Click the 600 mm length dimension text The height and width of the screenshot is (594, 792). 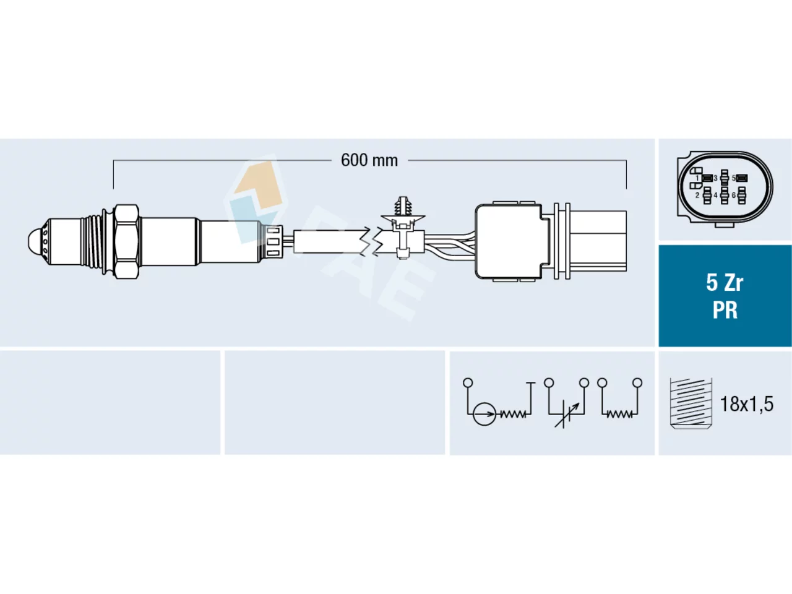point(369,160)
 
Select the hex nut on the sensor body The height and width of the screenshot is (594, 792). point(127,242)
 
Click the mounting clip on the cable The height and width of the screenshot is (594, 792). point(403,228)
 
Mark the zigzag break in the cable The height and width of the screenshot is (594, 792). point(372,242)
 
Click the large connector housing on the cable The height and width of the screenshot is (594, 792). point(509,242)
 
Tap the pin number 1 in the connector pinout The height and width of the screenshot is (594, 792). point(697,178)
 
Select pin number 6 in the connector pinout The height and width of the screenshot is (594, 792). point(734,195)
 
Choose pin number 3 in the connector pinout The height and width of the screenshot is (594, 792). point(715,178)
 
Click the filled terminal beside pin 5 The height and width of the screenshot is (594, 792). point(741,178)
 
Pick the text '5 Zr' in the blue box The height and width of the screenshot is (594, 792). point(725,283)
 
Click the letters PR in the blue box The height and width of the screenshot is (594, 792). point(725,310)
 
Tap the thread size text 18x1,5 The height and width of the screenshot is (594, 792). point(747,404)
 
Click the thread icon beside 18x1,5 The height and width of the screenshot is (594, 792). point(691,403)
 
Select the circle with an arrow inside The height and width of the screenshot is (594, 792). point(484,414)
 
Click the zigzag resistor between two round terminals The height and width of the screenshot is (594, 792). point(619,414)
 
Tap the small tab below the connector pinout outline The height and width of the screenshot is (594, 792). point(724,225)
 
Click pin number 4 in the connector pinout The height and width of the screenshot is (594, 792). point(715,195)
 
